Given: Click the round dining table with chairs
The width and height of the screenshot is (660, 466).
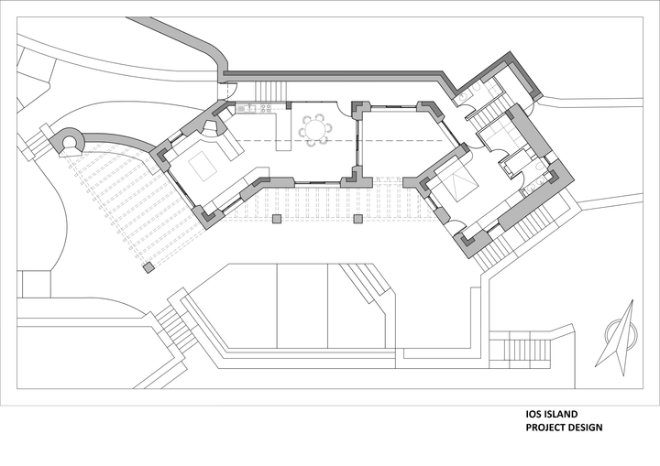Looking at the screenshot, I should pos(314,129).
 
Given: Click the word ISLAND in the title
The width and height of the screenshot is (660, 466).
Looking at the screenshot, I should pos(560,414).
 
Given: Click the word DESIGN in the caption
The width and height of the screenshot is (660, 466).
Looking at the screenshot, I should pos(586,428).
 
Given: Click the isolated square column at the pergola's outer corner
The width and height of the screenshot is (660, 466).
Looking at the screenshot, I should pos(148,267).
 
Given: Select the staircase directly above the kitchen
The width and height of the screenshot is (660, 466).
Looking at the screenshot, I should pos(270,90).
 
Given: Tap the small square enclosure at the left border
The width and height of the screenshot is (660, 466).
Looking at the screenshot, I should pos(35,284).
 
